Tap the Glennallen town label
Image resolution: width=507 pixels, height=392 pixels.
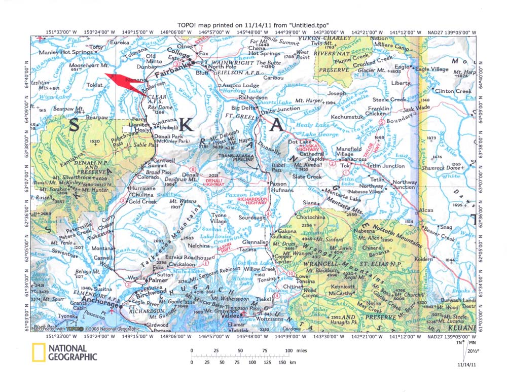(254, 242)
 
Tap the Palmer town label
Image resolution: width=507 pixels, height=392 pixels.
(158, 279)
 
